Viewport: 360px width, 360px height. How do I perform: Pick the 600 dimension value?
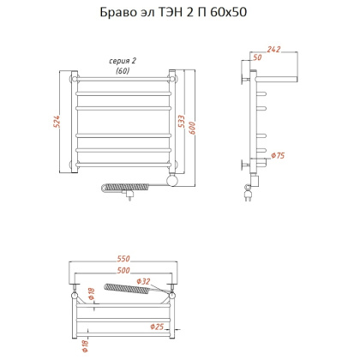pyautogui.click(x=195, y=123)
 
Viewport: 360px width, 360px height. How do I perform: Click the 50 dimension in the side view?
pyautogui.click(x=257, y=58)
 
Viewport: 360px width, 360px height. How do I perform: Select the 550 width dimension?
pyautogui.click(x=123, y=258)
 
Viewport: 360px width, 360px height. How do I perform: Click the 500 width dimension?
pyautogui.click(x=123, y=270)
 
